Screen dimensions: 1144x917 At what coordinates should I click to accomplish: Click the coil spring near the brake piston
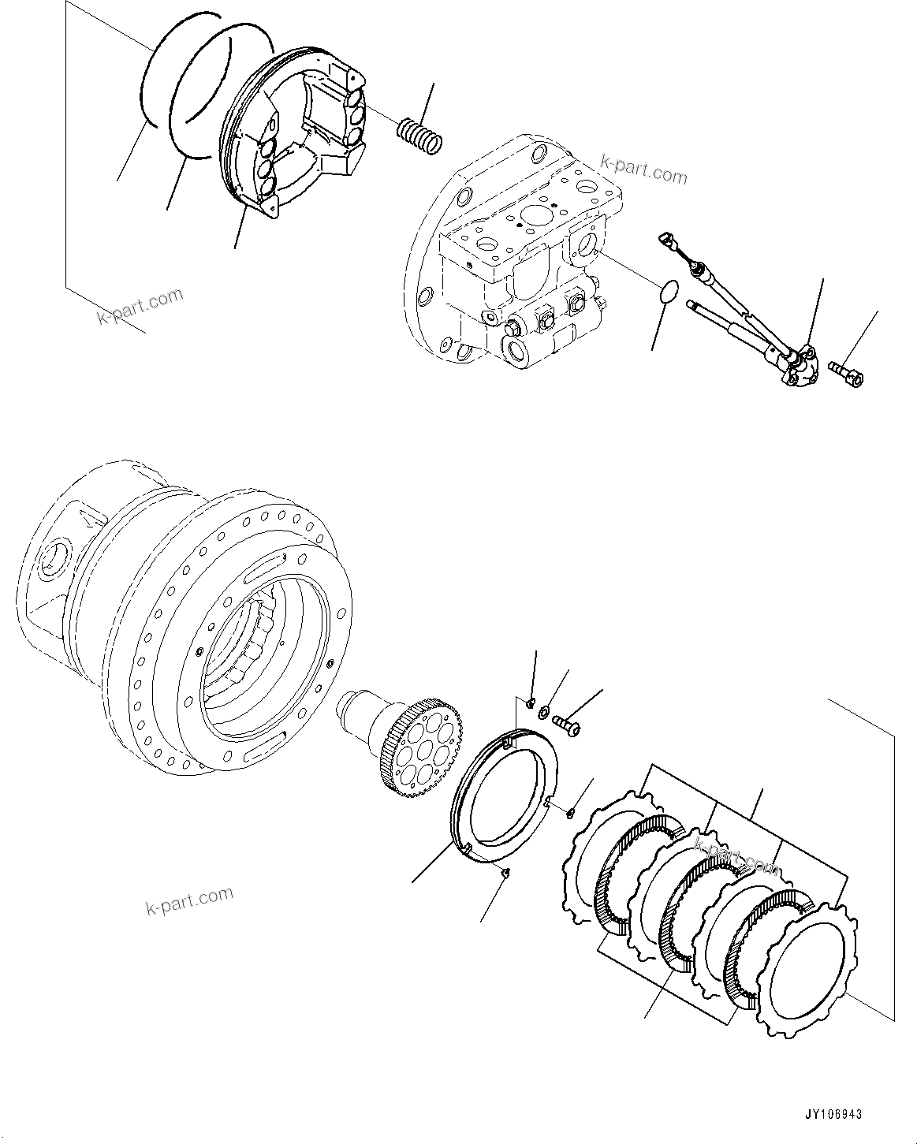coord(420,136)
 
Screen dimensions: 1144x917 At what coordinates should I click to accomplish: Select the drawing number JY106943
coord(833,1115)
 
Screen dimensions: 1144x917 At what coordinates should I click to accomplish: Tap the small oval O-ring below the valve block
coord(667,290)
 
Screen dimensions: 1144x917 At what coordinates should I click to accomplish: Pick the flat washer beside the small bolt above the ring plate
coord(545,713)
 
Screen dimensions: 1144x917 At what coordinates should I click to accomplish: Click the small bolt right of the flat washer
coord(566,721)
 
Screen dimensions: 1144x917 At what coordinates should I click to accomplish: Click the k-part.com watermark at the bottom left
coord(189,900)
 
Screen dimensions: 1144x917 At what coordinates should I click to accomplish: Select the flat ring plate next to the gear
coord(505,797)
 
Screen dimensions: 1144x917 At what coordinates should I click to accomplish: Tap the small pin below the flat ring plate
coord(507,871)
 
